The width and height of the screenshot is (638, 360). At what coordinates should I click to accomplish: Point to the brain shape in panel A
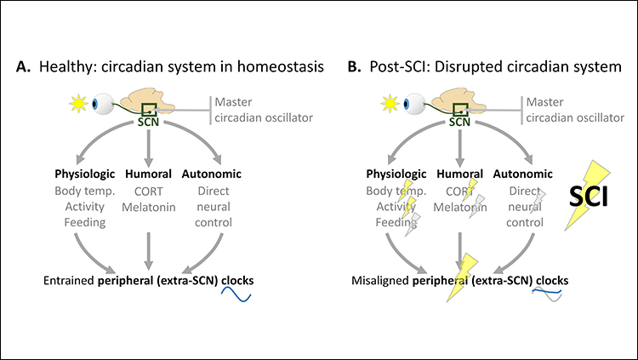click(157, 101)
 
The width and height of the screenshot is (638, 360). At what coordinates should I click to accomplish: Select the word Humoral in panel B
click(460, 174)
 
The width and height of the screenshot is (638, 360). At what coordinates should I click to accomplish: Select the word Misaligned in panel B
click(382, 279)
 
